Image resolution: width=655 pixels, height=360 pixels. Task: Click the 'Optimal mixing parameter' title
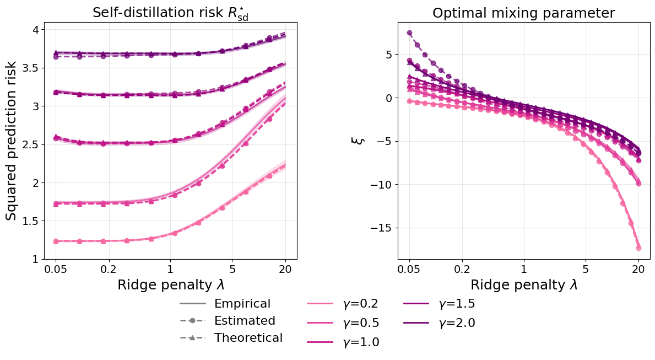point(523,13)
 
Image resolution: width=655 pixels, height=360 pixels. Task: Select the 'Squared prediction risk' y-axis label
point(12,141)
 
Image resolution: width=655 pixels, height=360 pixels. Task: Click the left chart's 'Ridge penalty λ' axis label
point(170,284)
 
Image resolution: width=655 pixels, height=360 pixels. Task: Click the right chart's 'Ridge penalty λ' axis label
point(523,284)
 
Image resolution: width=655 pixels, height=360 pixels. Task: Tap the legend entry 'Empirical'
point(242,304)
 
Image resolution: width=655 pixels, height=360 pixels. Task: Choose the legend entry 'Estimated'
point(244,321)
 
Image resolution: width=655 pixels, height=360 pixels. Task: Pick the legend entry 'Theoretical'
point(248,338)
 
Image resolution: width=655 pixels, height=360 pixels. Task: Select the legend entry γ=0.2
point(361,304)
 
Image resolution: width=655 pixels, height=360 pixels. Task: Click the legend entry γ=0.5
point(361,323)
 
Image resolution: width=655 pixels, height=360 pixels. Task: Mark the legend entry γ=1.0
point(361,342)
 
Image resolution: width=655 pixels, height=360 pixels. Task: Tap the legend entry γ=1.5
point(457,304)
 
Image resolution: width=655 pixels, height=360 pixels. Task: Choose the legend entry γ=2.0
point(457,323)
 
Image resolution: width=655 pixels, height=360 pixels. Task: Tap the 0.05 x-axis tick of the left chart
point(55,270)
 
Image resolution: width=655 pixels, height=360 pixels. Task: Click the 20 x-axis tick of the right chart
point(638,270)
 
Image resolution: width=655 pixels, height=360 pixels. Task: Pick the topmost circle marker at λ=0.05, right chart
point(409,33)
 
